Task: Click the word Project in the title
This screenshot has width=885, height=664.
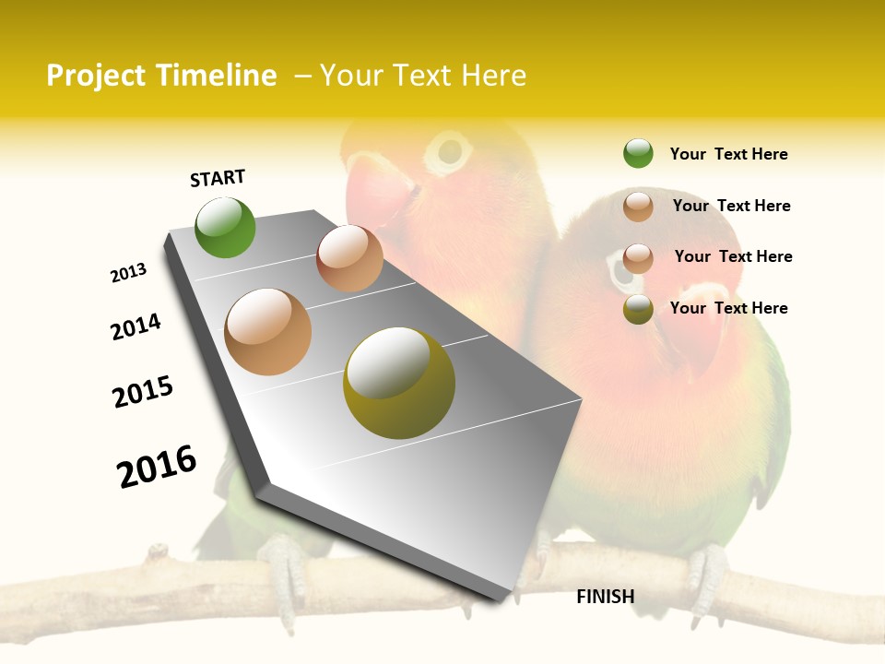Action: (x=92, y=76)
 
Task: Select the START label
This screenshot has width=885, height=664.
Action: (x=218, y=178)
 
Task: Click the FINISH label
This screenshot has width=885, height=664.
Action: (x=605, y=597)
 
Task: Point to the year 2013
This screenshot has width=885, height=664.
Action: (x=128, y=273)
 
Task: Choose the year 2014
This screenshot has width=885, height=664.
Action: (x=136, y=326)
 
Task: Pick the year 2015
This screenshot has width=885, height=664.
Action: (x=143, y=392)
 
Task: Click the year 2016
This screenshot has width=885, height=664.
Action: (x=157, y=466)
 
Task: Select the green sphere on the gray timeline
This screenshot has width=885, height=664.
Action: (x=225, y=227)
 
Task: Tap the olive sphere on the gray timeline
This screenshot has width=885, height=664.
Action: (x=398, y=382)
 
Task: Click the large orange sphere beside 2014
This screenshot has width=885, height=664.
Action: (x=267, y=332)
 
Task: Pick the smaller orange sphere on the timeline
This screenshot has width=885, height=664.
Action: (x=349, y=258)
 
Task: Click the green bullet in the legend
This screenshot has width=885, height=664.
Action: (x=638, y=153)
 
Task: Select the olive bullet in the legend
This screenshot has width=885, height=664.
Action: (x=638, y=309)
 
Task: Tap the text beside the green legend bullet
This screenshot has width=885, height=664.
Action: (x=728, y=154)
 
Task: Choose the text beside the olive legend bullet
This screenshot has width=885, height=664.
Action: (x=728, y=308)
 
